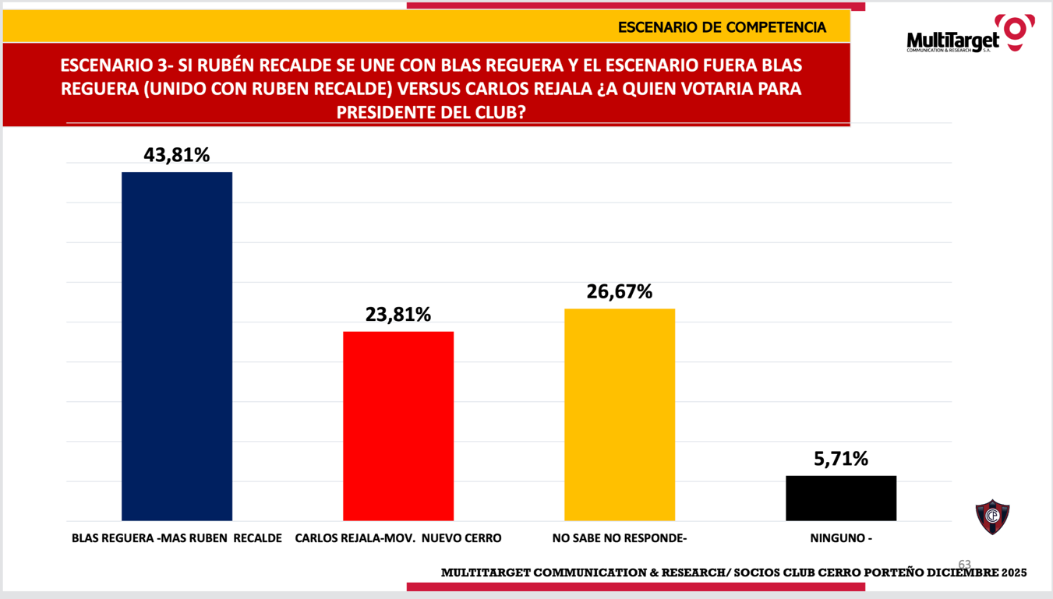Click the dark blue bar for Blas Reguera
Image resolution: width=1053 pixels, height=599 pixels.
(x=177, y=346)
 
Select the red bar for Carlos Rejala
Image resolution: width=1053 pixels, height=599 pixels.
(x=398, y=425)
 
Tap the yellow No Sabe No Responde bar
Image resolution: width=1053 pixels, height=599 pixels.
(x=620, y=414)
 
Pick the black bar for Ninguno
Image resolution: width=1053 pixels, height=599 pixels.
(x=841, y=498)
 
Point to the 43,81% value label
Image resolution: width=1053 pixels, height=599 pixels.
(x=177, y=155)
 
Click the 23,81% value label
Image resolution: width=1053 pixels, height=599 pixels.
(x=398, y=315)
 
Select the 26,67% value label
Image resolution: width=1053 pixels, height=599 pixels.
(x=620, y=292)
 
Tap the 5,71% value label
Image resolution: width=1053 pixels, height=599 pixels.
(x=841, y=459)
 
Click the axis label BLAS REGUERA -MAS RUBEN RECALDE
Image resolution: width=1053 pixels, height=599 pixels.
(x=177, y=538)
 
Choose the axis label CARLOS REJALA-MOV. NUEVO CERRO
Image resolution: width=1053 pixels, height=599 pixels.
(x=398, y=538)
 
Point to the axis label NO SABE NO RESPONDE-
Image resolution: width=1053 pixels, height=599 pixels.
(x=620, y=538)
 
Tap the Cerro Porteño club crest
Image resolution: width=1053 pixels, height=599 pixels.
(x=992, y=516)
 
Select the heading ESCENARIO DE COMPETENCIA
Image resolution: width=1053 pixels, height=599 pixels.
(x=722, y=27)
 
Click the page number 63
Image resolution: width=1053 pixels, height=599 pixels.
(x=965, y=564)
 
